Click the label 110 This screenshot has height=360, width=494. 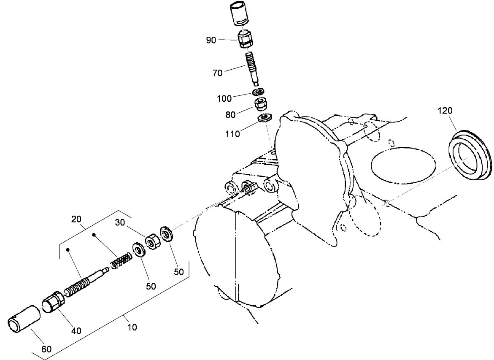pyautogui.click(x=232, y=134)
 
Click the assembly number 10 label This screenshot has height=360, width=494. pyautogui.click(x=132, y=326)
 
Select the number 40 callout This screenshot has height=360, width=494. pyautogui.click(x=76, y=330)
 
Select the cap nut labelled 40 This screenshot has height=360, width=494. pyautogui.click(x=54, y=304)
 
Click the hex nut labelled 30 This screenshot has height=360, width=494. pyautogui.click(x=151, y=241)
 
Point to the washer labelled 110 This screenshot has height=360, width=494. pyautogui.click(x=265, y=118)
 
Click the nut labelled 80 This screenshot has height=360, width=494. pyautogui.click(x=262, y=103)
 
